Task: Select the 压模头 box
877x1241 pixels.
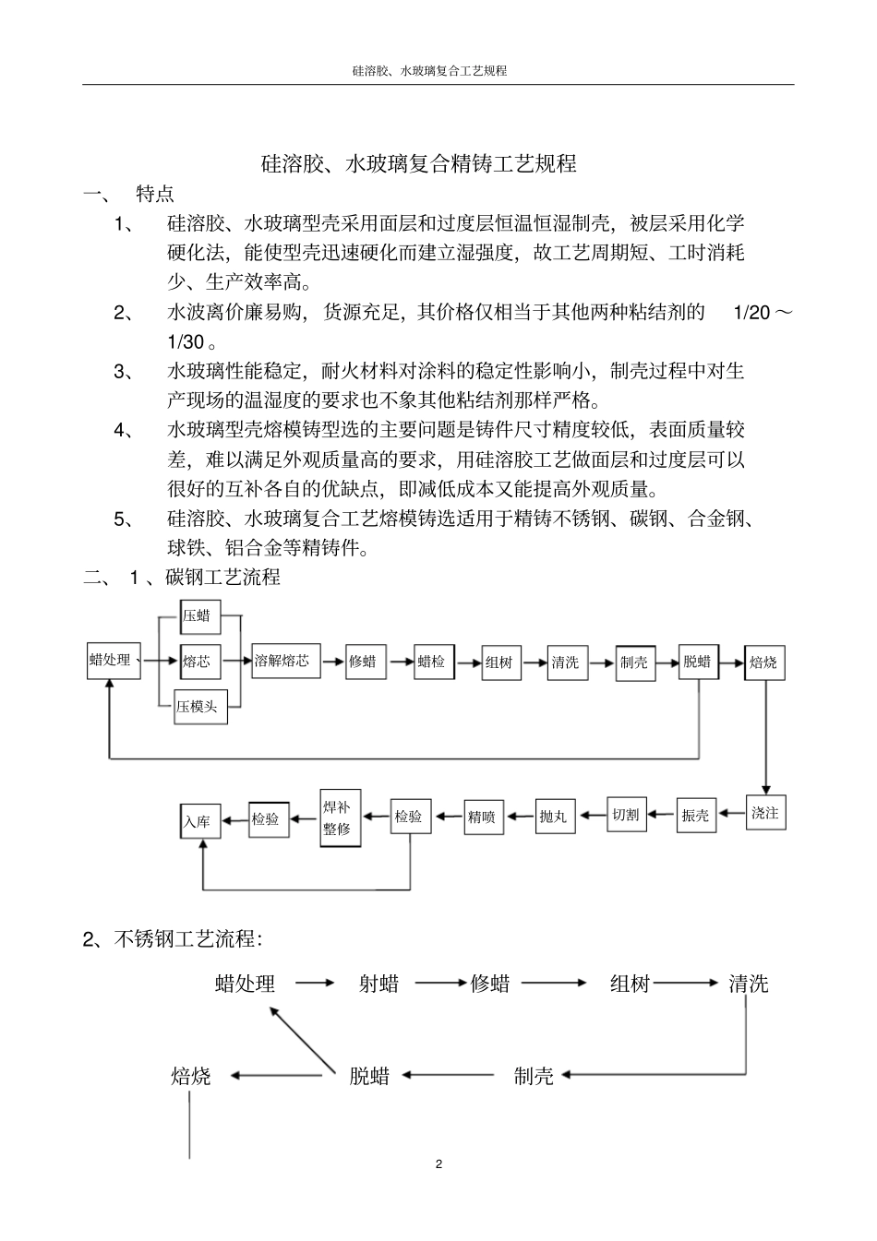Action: click(200, 707)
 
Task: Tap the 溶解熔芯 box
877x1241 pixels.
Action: click(286, 661)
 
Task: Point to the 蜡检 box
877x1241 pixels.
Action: click(434, 662)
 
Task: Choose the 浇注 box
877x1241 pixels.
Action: click(765, 812)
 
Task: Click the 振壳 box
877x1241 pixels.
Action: click(696, 815)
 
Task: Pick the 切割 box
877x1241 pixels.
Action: click(626, 814)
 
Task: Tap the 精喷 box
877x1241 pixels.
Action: click(483, 816)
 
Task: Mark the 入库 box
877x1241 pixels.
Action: click(199, 819)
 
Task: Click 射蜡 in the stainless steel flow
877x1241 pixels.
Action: click(378, 984)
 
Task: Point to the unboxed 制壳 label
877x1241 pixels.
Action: click(534, 1075)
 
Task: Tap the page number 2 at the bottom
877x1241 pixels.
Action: click(438, 1163)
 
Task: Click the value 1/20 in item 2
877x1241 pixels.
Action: click(751, 313)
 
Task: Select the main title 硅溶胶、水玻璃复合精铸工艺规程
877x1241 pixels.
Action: click(419, 163)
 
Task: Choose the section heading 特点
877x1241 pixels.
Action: click(154, 194)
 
